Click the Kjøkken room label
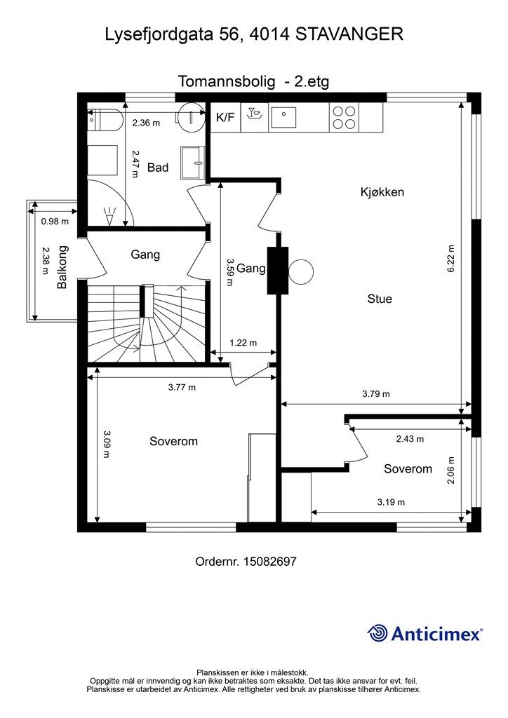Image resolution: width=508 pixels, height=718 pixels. coord(382,192)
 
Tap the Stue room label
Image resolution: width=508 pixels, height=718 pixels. coord(380,299)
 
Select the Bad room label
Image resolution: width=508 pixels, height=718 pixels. coord(158,168)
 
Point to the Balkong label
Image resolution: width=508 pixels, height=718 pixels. coord(62,267)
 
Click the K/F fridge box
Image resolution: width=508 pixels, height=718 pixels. coord(225,117)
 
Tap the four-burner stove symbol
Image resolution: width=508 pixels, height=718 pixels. coord(344,117)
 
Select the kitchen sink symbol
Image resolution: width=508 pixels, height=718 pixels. coord(283,117)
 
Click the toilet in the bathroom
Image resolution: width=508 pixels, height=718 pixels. coord(105,119)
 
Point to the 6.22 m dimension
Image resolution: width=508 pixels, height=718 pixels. coord(450,259)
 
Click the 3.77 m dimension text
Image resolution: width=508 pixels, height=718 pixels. coord(182,387)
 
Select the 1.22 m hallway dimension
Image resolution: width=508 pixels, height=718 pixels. coord(243,342)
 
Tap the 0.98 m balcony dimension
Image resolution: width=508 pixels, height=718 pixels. coord(55,222)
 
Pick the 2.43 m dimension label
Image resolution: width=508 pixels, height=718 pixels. coord(410,439)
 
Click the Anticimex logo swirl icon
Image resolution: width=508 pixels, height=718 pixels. coord(377,633)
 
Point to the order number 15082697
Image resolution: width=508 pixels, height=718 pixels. coord(270,562)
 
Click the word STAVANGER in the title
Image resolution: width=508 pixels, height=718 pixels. coord(349,34)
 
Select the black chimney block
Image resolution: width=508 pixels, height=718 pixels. coord(278,270)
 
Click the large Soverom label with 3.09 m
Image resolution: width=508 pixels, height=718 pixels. coord(173,442)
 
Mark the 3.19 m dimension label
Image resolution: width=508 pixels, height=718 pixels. coord(392,502)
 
